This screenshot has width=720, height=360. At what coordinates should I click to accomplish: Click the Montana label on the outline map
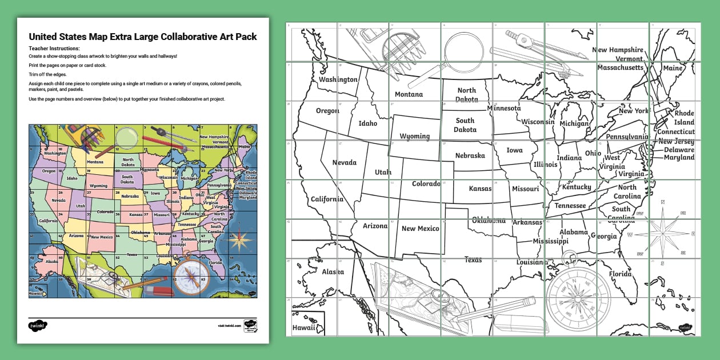coord(409,94)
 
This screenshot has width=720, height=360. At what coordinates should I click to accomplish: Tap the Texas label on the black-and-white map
coord(473,260)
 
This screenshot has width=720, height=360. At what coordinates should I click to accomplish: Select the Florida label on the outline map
coord(620,274)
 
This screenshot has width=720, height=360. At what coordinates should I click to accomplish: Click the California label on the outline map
coord(327,199)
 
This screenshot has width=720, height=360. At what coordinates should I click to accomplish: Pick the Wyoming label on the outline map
coord(414,137)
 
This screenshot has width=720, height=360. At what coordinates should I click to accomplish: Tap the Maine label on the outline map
coord(673,68)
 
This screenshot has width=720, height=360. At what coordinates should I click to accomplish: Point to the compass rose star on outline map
coord(662,233)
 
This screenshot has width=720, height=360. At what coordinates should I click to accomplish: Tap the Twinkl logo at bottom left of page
coord(38,326)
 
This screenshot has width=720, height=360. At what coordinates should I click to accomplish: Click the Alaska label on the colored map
coord(51,261)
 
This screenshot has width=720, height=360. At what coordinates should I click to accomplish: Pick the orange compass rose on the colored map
coord(239,239)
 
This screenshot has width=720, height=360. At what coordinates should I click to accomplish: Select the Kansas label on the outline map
coord(480,189)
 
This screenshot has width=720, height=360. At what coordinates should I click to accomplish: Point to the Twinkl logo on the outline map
coord(685,328)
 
